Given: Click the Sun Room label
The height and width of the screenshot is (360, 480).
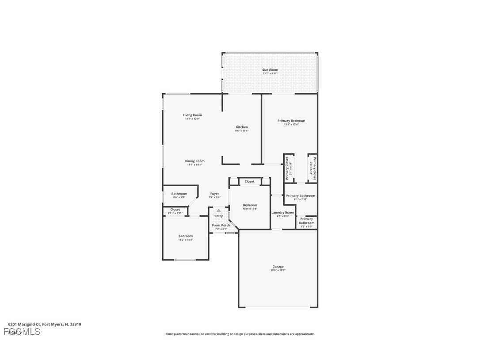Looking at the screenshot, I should click(270, 70).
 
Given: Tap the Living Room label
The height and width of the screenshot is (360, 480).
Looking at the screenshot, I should click(192, 115).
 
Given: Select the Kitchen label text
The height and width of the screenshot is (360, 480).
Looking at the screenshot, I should click(242, 127).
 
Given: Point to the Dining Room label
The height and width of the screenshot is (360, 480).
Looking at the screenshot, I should click(194, 161).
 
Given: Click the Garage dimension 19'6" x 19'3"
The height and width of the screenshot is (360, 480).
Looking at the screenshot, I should click(278, 270).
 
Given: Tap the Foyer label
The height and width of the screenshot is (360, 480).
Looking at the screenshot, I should click(214, 194).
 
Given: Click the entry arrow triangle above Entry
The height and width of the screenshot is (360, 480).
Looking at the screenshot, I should click(218, 211).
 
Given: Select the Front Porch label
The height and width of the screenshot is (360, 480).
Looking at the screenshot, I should click(221, 226).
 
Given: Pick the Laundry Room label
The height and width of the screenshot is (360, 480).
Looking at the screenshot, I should click(282, 213).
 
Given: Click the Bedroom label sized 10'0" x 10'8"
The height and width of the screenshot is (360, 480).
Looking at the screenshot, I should click(250, 205).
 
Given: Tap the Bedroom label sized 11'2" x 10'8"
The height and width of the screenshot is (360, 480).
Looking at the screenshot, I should click(185, 236).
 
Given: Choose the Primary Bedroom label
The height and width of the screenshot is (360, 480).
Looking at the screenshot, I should click(291, 121).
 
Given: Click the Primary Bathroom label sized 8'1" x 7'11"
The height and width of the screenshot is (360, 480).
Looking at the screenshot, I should click(301, 195).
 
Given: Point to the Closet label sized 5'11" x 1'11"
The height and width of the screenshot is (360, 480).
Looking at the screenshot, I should click(175, 210).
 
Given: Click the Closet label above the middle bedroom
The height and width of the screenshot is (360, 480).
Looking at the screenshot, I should click(249, 181).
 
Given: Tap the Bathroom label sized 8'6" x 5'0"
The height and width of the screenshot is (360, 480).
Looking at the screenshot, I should click(179, 194).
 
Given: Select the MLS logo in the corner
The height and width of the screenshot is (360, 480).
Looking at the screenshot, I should click(22, 332).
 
